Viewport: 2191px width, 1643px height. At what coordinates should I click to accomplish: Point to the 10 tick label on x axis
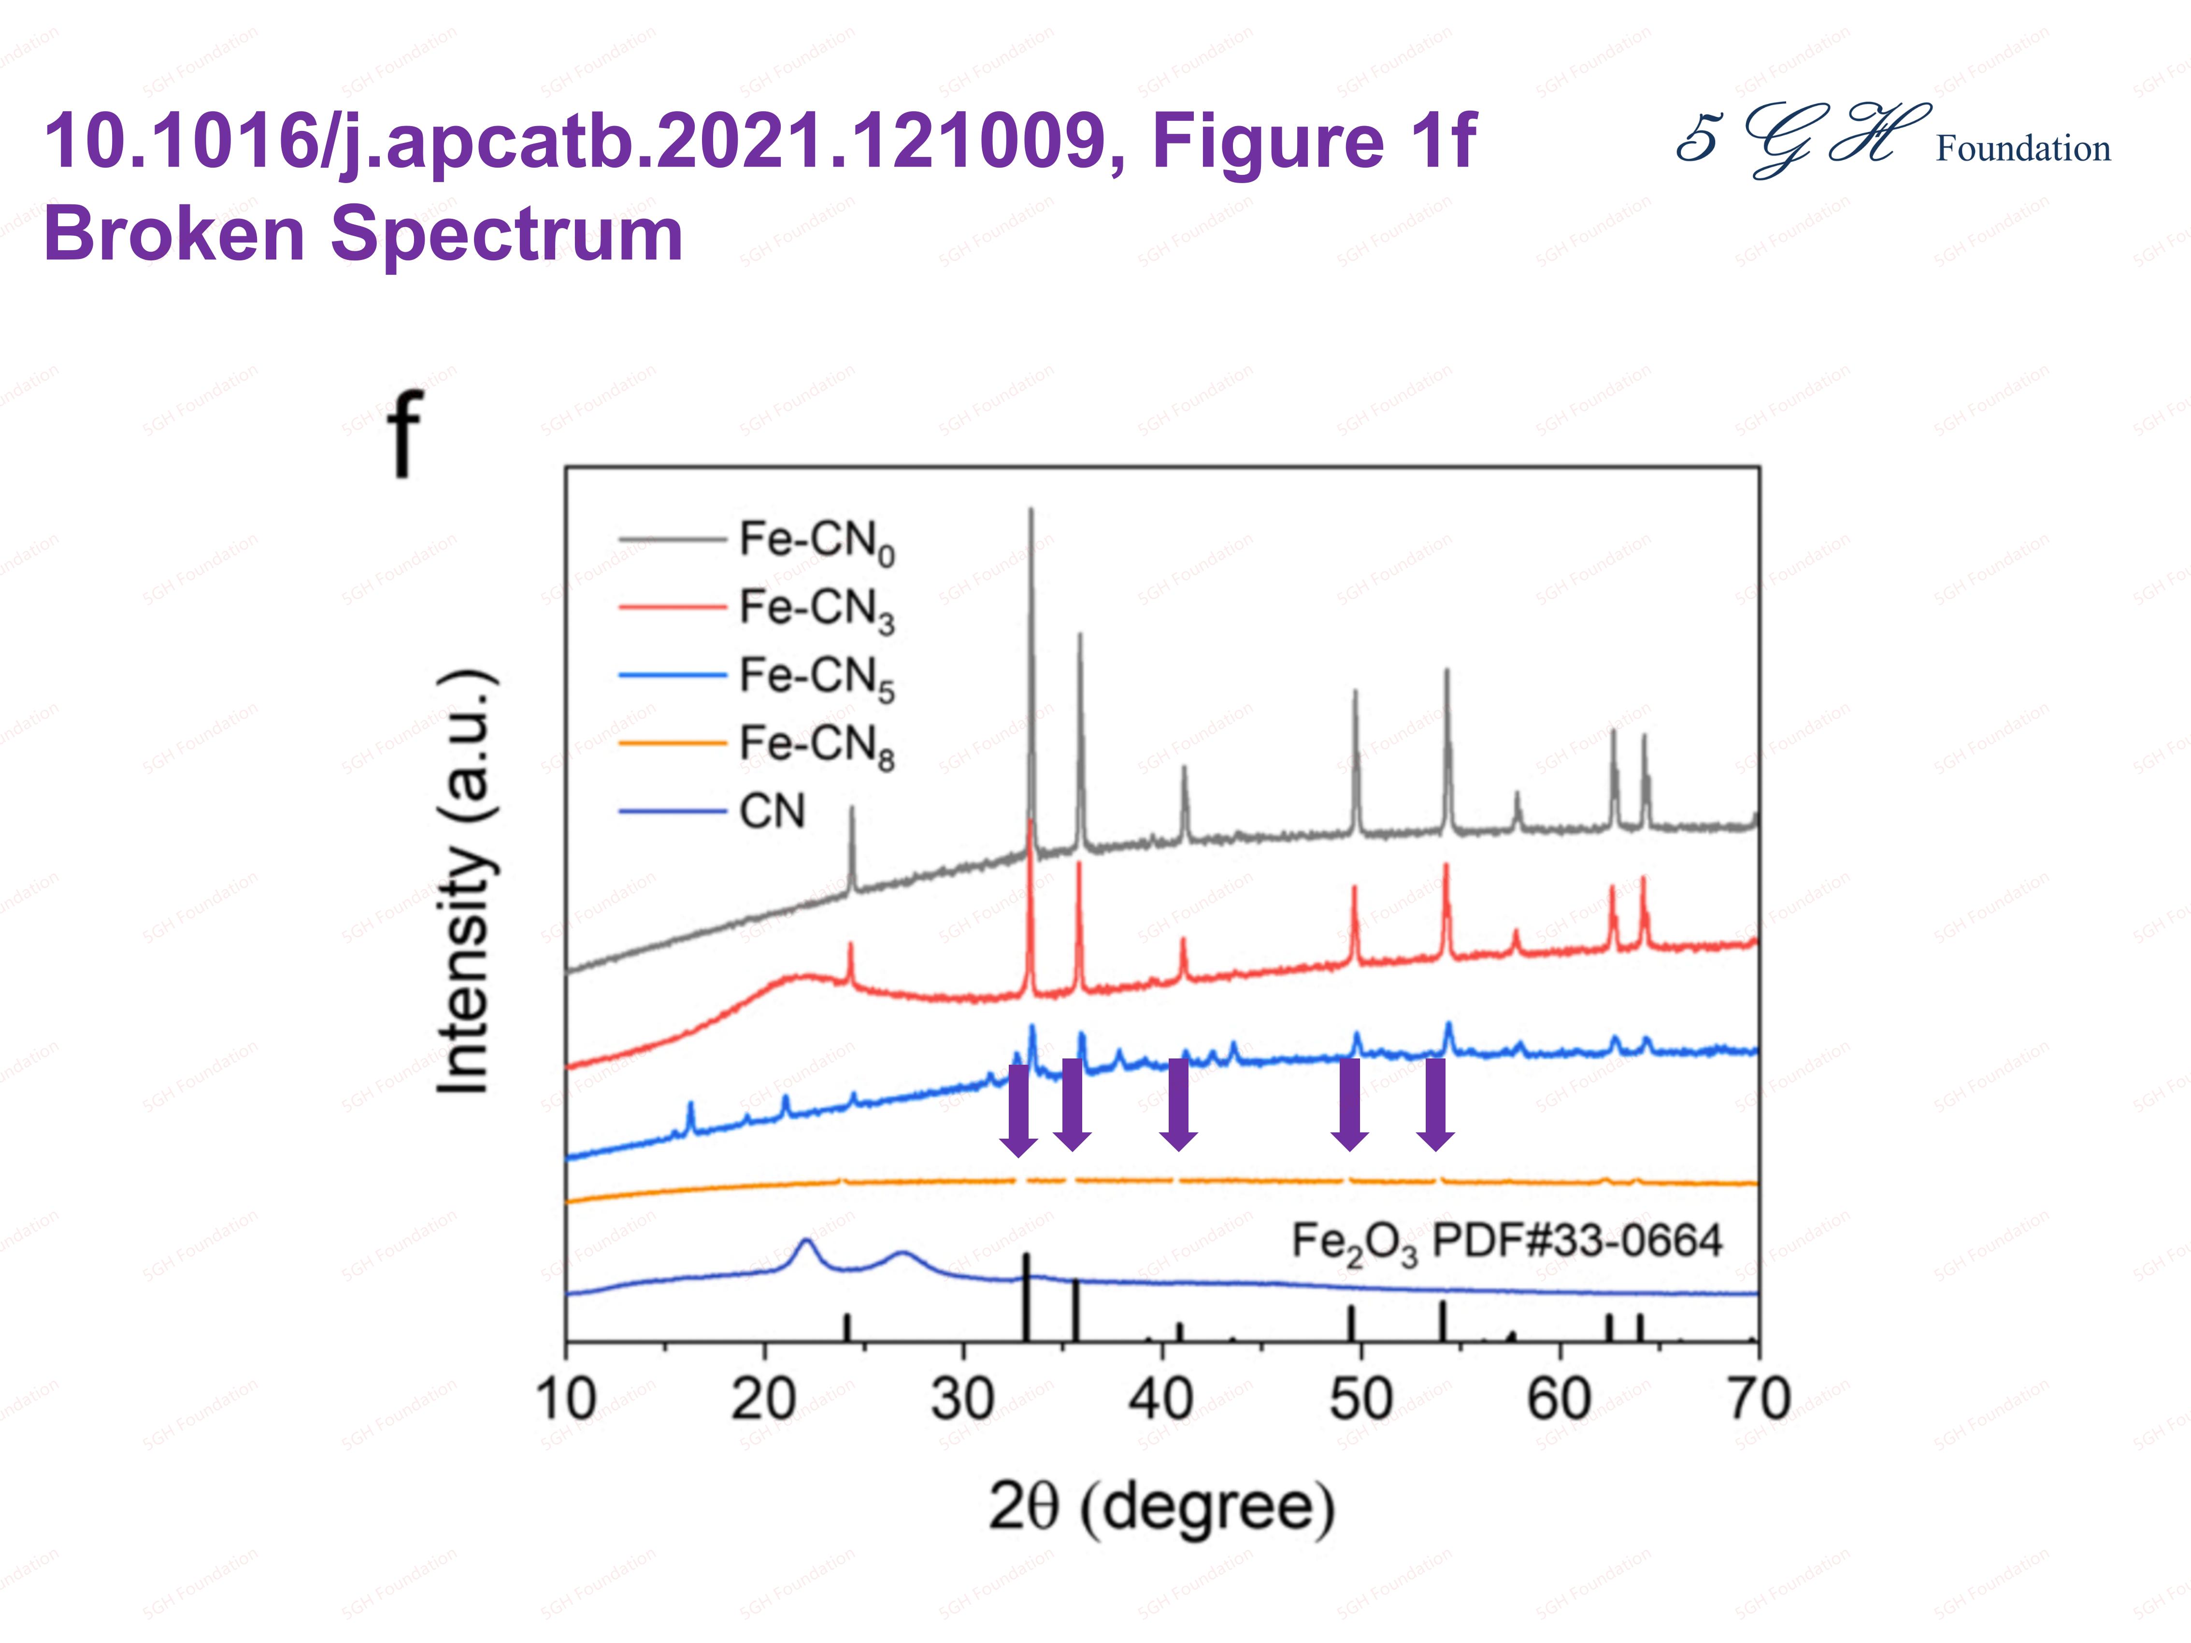point(566,1400)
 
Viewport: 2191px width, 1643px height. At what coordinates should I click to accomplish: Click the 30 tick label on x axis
point(963,1400)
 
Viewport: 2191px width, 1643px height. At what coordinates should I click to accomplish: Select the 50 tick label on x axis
point(1361,1400)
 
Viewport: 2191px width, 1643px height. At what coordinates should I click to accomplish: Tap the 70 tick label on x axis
point(1758,1400)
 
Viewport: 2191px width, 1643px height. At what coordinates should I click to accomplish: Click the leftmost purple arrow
point(1018,1109)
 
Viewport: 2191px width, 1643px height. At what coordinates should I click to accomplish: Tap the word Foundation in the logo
point(2022,149)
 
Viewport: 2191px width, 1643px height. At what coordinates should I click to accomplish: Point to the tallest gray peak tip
point(1031,511)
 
